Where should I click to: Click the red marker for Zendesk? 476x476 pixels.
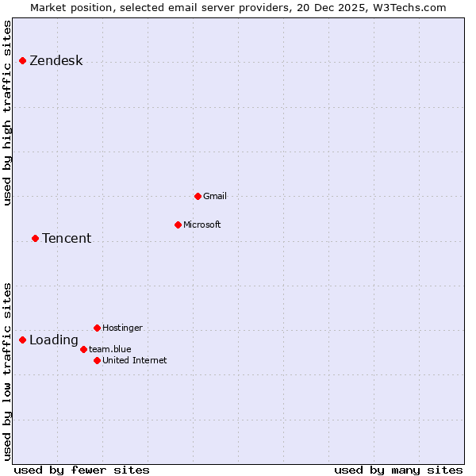pyautogui.click(x=22, y=60)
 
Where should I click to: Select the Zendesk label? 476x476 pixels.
pyautogui.click(x=56, y=61)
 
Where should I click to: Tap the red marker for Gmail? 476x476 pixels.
pyautogui.click(x=198, y=196)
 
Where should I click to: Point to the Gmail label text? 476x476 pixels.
pyautogui.click(x=215, y=196)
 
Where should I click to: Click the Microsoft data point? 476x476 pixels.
pyautogui.click(x=178, y=225)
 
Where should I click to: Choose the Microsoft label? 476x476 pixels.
pyautogui.click(x=202, y=225)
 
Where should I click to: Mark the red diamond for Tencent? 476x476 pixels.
pyautogui.click(x=35, y=238)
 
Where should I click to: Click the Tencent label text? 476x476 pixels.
pyautogui.click(x=67, y=239)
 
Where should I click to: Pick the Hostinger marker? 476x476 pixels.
pyautogui.click(x=97, y=328)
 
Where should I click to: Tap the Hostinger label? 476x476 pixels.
pyautogui.click(x=122, y=328)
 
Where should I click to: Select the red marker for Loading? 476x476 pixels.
pyautogui.click(x=22, y=340)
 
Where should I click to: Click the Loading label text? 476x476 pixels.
pyautogui.click(x=54, y=340)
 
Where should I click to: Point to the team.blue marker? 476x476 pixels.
pyautogui.click(x=83, y=349)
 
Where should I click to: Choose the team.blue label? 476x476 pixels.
pyautogui.click(x=110, y=349)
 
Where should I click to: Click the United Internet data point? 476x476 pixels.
pyautogui.click(x=97, y=360)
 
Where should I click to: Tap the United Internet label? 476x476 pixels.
pyautogui.click(x=135, y=360)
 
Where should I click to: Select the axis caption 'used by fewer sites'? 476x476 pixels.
pyautogui.click(x=82, y=470)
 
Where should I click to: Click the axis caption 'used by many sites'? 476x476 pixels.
pyautogui.click(x=398, y=470)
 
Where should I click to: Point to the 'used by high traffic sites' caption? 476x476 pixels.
pyautogui.click(x=7, y=113)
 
